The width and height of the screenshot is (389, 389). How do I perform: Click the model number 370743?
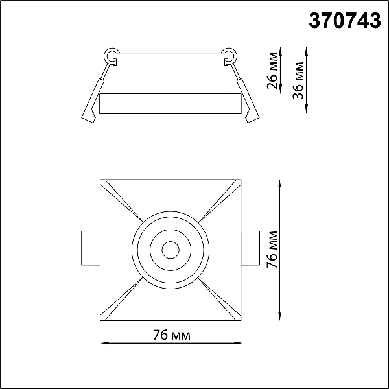345,21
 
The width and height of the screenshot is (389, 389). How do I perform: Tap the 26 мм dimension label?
273,70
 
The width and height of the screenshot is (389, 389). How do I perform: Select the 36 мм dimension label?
298,80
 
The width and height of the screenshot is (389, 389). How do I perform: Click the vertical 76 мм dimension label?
272,250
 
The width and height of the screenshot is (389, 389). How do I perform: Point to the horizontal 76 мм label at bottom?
172,335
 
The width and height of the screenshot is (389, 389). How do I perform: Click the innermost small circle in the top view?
171,250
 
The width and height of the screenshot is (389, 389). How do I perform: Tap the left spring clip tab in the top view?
91,248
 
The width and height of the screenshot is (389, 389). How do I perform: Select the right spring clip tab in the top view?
250,248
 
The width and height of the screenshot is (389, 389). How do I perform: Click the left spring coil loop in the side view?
110,55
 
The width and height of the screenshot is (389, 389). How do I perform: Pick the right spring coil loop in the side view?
230,55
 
